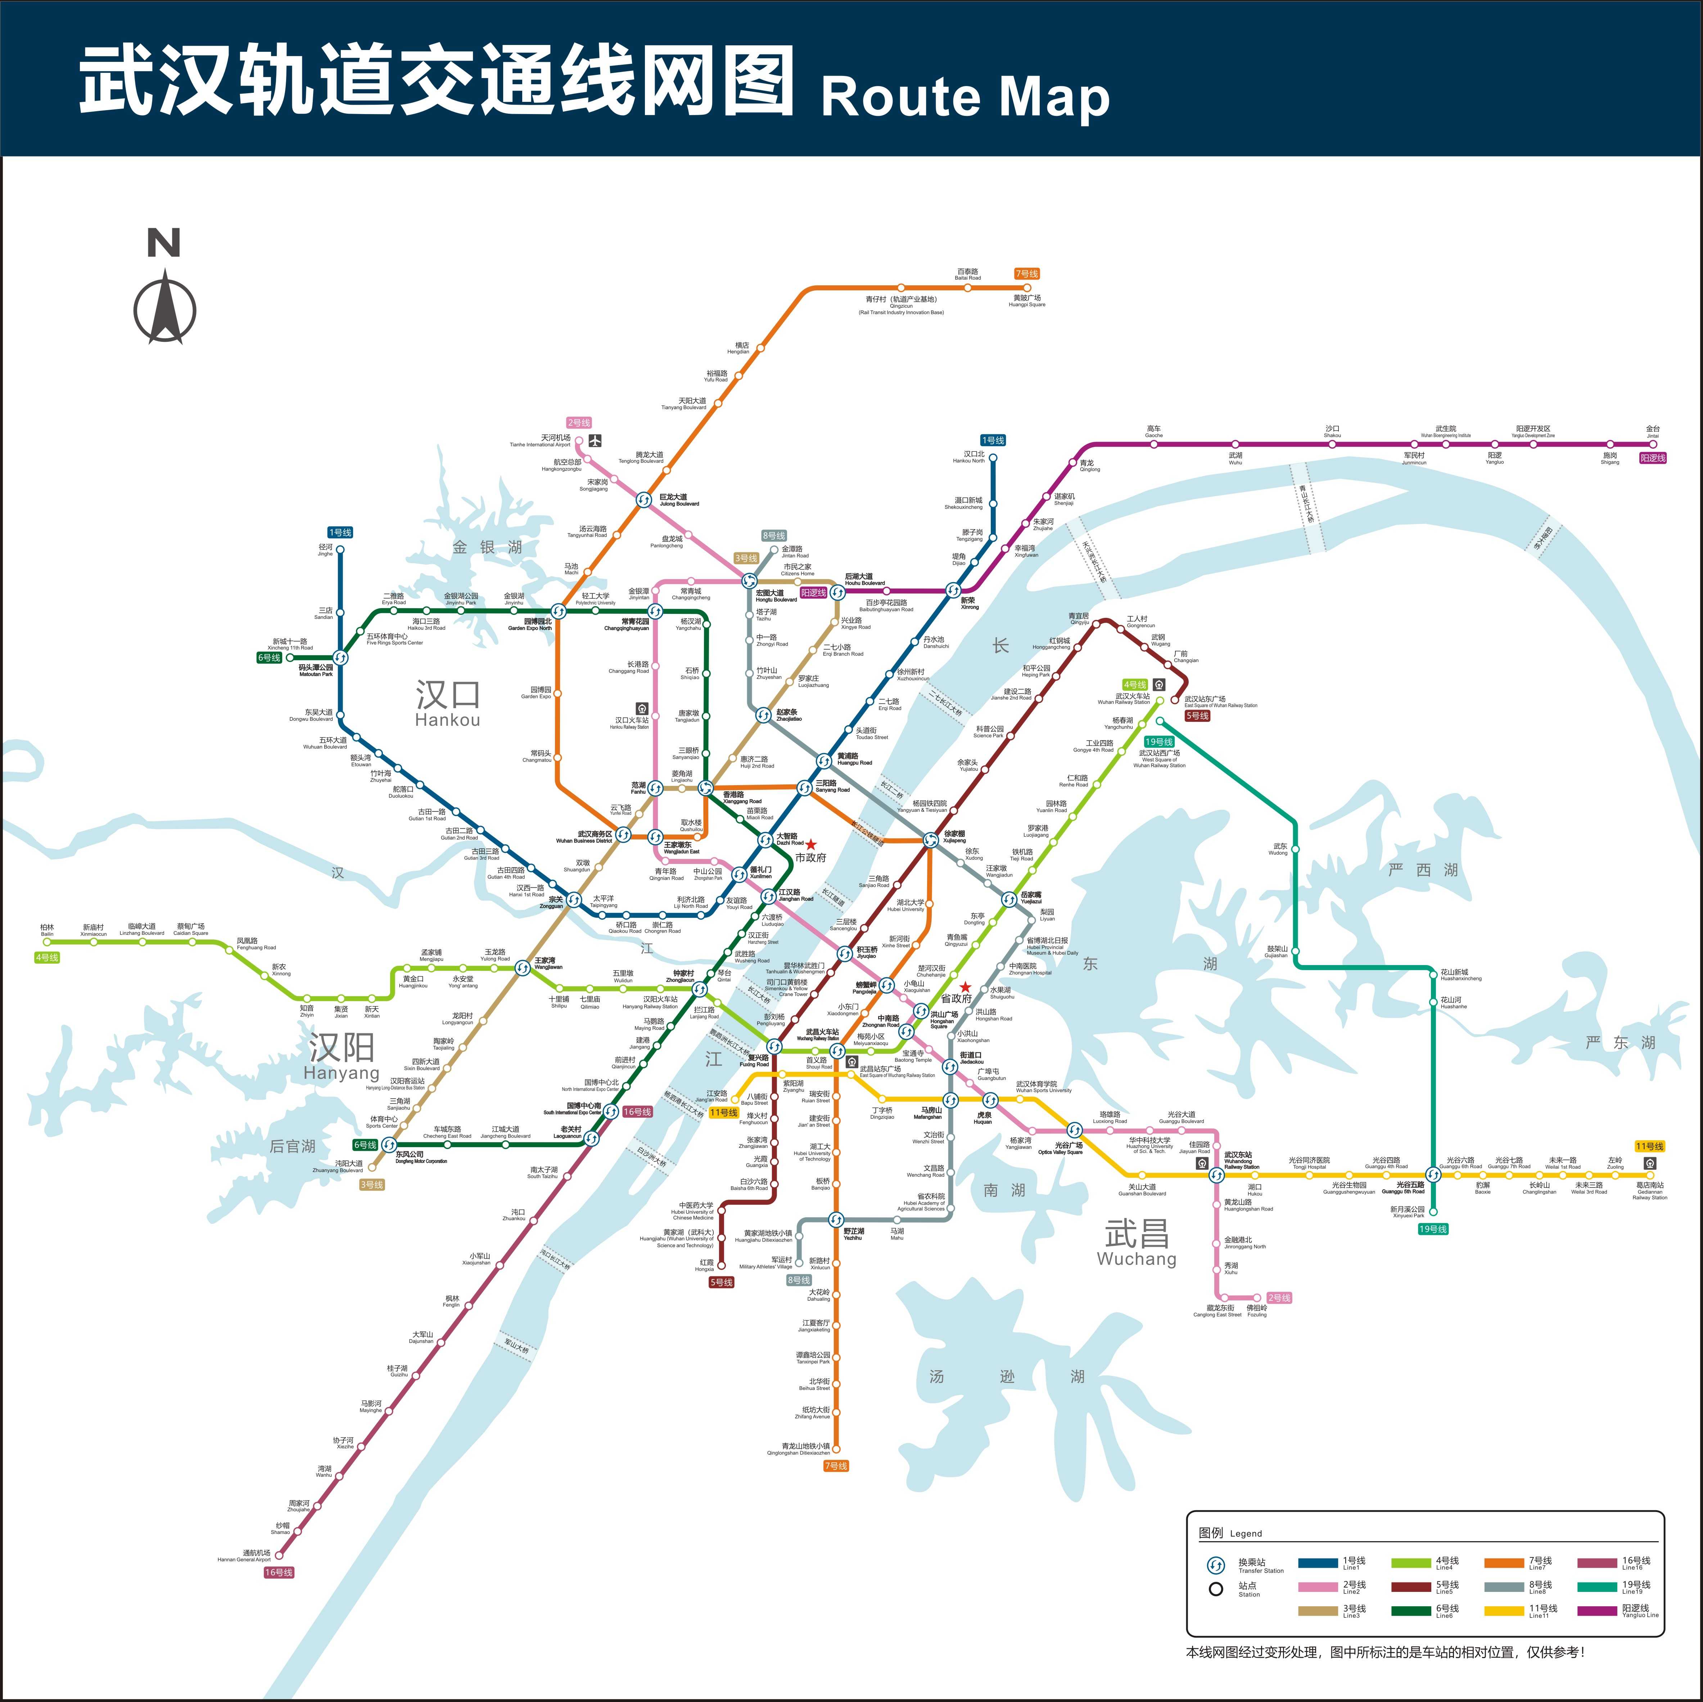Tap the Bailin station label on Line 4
pos(47,930)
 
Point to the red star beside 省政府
pos(965,987)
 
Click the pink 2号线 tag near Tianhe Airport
pos(579,423)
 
